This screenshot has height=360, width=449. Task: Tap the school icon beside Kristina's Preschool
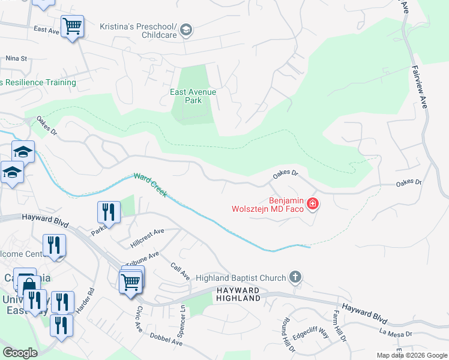[186, 30]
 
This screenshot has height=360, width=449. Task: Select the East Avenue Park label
[193, 96]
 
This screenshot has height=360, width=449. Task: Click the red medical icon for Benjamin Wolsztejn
[312, 204]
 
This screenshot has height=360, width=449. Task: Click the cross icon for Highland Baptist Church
[295, 277]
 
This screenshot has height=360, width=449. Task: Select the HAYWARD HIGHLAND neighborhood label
[238, 294]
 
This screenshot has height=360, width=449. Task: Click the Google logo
[20, 353]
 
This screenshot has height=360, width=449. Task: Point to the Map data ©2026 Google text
[411, 355]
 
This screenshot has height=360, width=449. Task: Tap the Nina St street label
[17, 59]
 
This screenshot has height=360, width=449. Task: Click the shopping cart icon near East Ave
[72, 27]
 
